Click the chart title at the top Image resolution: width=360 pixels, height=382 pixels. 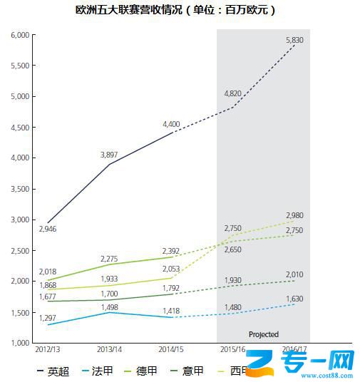point(175,11)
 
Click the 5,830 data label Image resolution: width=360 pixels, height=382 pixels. point(294,41)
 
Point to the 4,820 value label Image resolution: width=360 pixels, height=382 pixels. point(233,93)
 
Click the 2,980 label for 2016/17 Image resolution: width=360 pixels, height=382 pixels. point(294,215)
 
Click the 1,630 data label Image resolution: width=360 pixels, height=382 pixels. point(294,299)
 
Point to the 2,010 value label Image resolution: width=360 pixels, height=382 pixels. point(294,274)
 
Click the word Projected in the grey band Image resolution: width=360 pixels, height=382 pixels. point(263,334)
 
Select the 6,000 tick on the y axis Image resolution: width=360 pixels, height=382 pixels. point(19,35)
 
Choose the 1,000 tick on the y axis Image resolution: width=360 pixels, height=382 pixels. point(19,344)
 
